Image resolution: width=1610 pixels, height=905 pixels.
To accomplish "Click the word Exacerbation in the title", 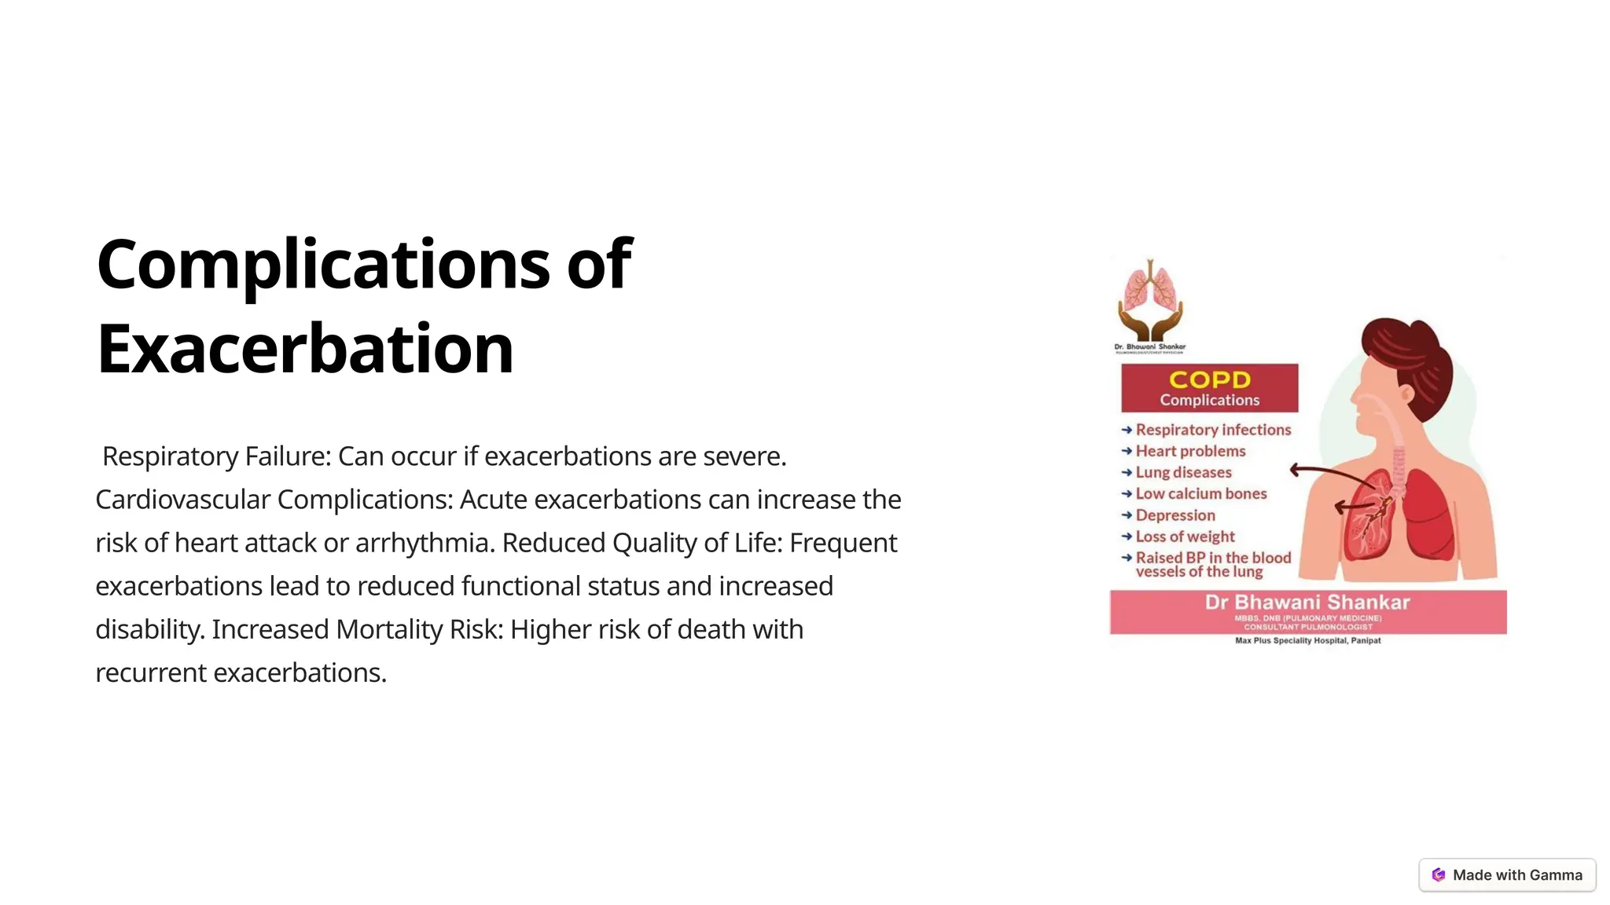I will pos(305,349).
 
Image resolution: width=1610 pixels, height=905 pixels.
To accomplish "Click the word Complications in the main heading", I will pos(322,264).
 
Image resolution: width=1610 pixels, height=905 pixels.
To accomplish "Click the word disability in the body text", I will pos(149,629).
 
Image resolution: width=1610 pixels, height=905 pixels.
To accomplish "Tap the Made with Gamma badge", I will pos(1507,875).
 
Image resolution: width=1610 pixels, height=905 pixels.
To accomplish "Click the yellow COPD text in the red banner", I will pos(1209,379).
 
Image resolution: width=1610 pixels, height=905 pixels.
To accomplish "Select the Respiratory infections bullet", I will pos(1213,430).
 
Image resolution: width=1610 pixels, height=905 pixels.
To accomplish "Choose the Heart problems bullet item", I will pos(1190,451).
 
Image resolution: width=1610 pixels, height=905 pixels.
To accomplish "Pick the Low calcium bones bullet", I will pos(1201,493).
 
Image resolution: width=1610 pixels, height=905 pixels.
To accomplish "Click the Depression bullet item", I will pos(1175,515).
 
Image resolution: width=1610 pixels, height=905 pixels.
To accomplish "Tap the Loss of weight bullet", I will pos(1185,537).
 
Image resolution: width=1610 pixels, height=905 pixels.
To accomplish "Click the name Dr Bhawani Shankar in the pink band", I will pos(1307,603).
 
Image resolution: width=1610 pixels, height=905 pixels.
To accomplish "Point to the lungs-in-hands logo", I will pos(1150,302).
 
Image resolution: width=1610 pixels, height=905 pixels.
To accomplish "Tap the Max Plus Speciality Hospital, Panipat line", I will pos(1307,640).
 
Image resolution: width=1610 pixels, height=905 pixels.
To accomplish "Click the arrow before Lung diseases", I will pos(1127,472).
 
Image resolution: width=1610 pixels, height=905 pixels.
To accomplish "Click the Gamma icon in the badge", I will pos(1439,875).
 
